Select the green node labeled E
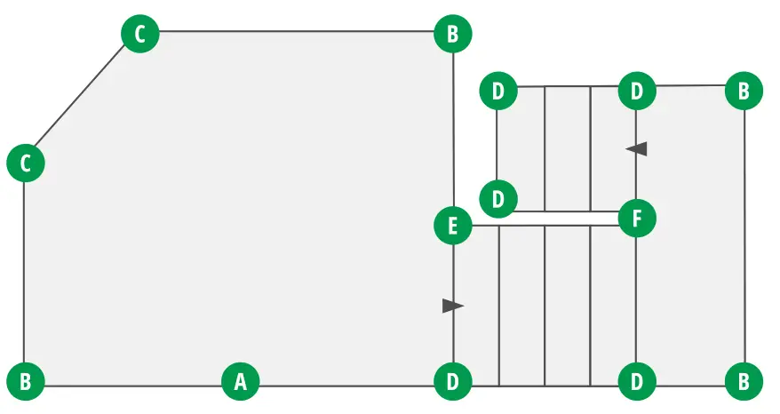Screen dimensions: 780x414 click(453, 226)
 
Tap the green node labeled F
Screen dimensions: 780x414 click(637, 217)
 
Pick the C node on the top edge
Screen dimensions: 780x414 click(139, 35)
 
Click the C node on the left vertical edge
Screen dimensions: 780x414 click(26, 163)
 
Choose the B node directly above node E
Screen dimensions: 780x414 click(453, 35)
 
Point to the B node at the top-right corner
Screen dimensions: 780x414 click(744, 91)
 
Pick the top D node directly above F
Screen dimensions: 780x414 click(637, 91)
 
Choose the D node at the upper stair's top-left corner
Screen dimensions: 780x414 click(497, 91)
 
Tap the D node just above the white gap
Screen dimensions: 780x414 click(497, 199)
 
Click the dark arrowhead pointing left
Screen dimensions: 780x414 click(636, 149)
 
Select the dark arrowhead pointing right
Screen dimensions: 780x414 click(453, 306)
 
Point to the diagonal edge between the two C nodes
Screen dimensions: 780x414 click(82, 100)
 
